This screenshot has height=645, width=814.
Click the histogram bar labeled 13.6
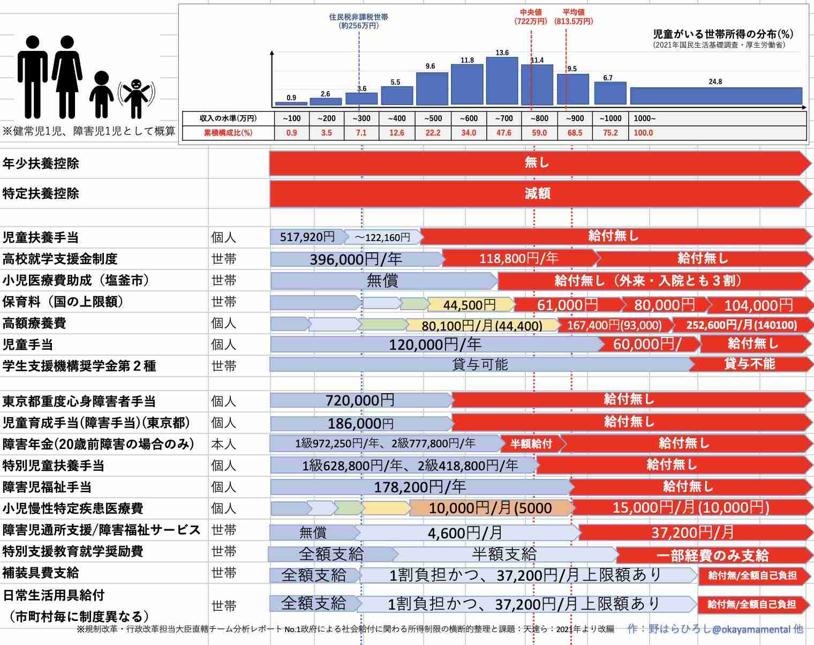[502, 80]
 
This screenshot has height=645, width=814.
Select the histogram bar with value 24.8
[716, 96]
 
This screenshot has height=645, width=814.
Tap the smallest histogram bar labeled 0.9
[291, 103]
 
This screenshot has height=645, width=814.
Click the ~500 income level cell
[433, 118]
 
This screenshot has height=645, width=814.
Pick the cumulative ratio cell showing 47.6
[504, 133]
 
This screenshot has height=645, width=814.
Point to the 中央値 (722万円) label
[531, 17]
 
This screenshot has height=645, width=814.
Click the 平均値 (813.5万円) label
[574, 17]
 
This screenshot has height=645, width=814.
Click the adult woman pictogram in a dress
[67, 77]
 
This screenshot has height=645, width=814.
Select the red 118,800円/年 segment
[519, 259]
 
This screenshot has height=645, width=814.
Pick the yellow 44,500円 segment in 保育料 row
[470, 304]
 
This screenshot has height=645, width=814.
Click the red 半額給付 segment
[531, 444]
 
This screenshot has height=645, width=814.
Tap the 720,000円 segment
[361, 401]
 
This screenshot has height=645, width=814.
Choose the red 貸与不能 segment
[750, 364]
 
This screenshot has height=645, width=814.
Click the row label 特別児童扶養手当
[54, 465]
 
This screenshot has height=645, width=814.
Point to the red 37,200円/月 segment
[694, 532]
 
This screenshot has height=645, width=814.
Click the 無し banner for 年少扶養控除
[537, 163]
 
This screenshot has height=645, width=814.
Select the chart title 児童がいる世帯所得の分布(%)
[723, 34]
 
